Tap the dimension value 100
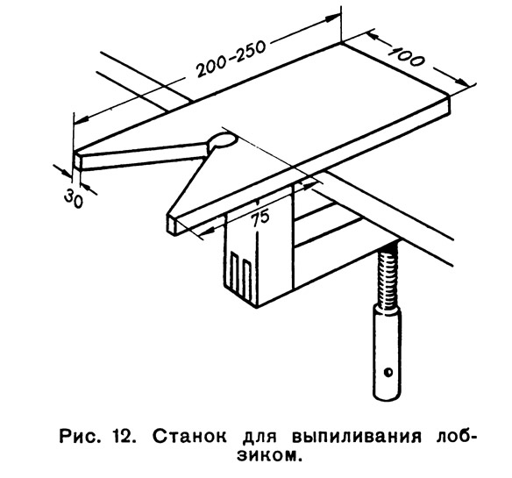click(407, 57)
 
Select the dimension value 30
click(74, 199)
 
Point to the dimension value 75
click(260, 218)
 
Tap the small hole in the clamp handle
click(388, 372)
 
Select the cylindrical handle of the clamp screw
click(388, 353)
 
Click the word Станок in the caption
click(189, 437)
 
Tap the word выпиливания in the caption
click(357, 437)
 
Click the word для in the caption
click(259, 438)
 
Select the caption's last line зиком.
click(268, 455)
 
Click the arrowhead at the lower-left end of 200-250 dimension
click(82, 119)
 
